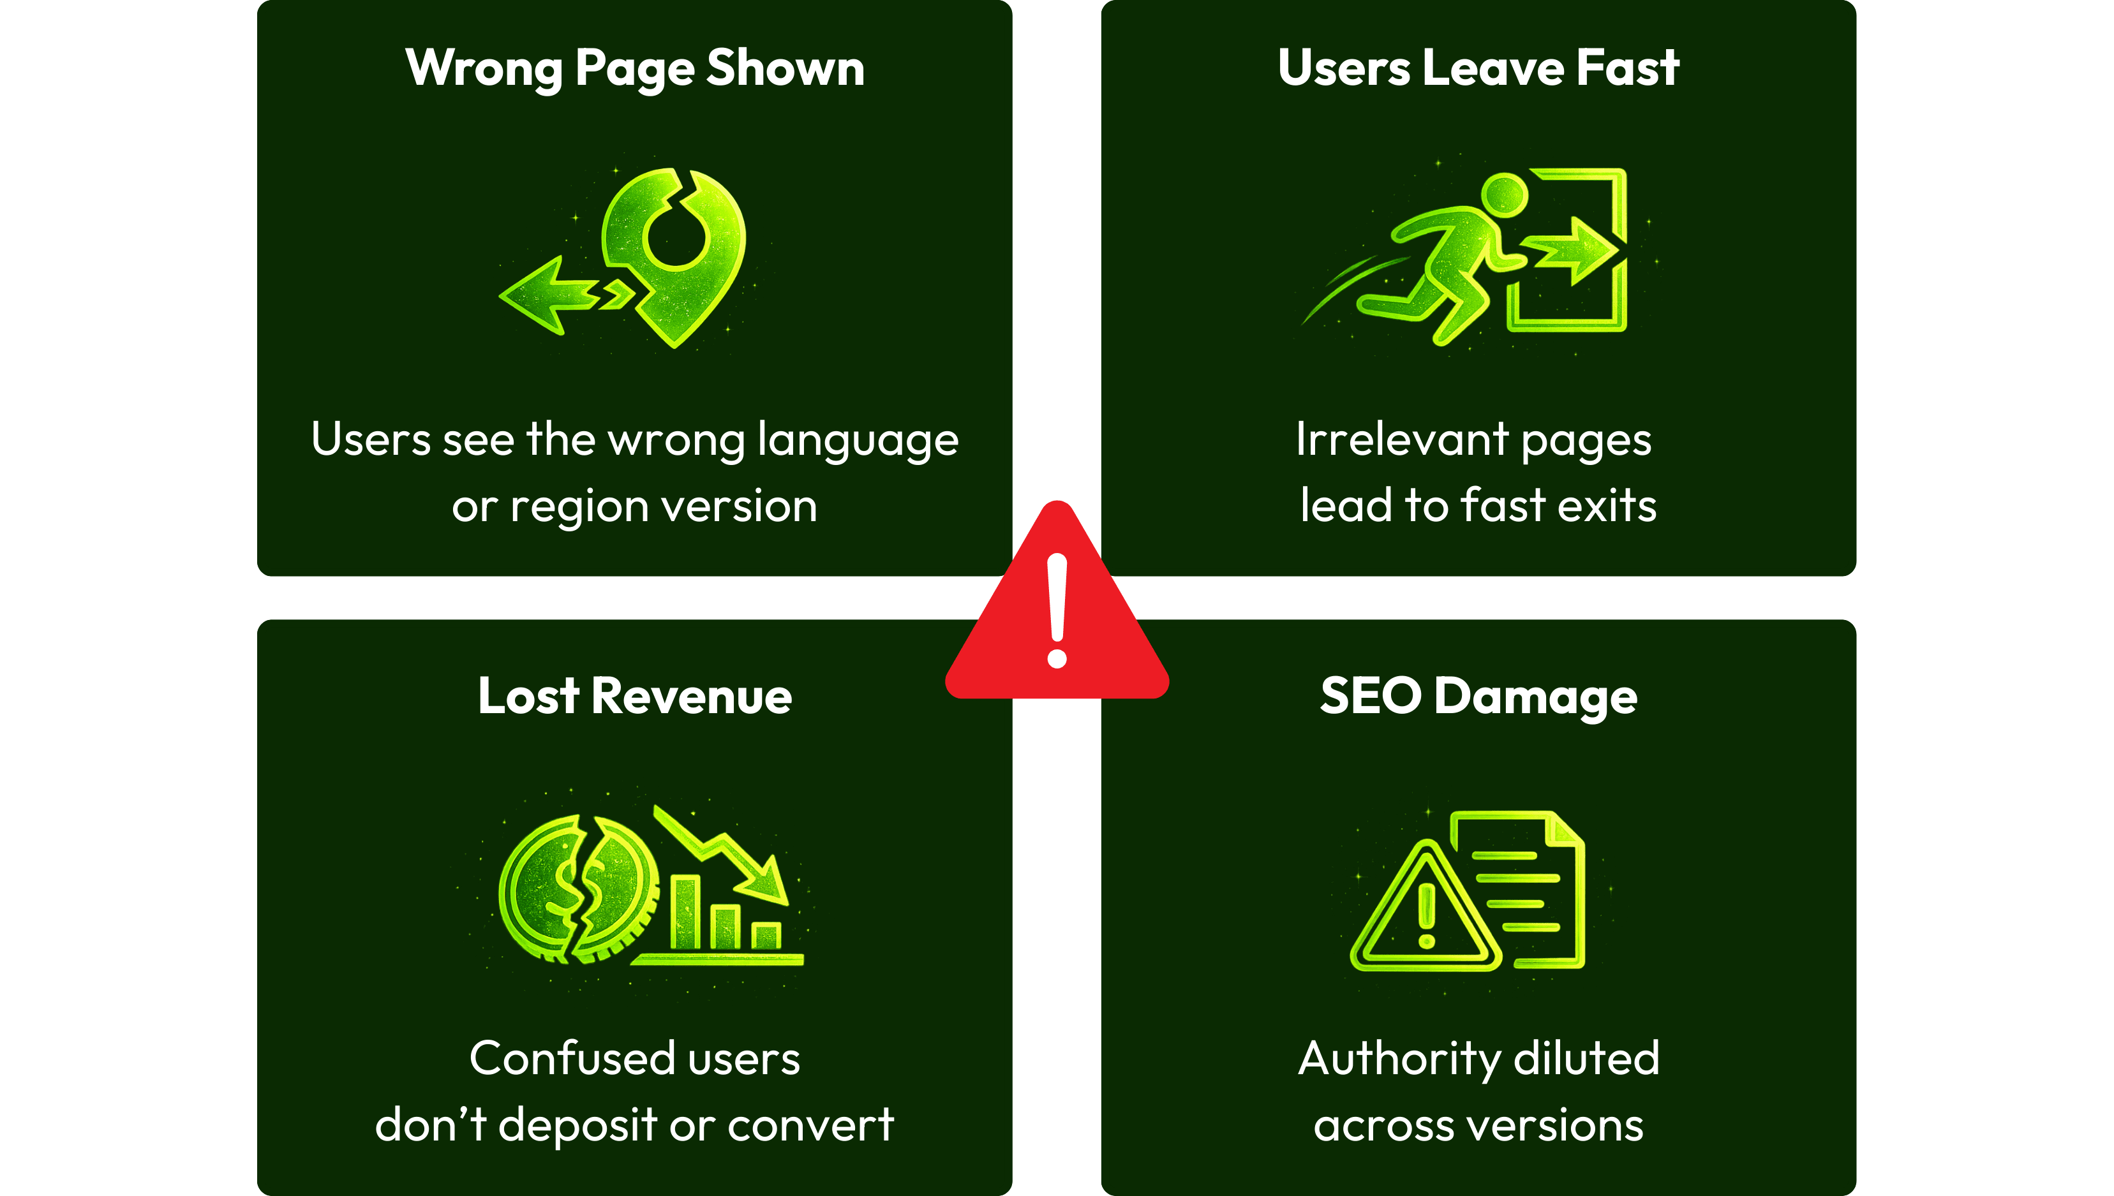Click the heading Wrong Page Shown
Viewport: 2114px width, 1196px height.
click(x=634, y=69)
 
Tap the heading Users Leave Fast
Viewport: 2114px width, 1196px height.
click(x=1478, y=68)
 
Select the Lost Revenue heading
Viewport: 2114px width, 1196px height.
click(x=634, y=697)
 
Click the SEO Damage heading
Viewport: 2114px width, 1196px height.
click(x=1478, y=697)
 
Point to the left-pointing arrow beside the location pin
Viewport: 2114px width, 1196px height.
click(x=546, y=296)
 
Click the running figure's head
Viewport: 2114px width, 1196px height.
click(x=1505, y=195)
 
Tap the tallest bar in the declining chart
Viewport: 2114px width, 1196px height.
click(x=685, y=912)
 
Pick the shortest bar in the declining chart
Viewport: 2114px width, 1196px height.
click(x=766, y=936)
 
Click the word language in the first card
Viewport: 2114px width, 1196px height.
click(x=858, y=440)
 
